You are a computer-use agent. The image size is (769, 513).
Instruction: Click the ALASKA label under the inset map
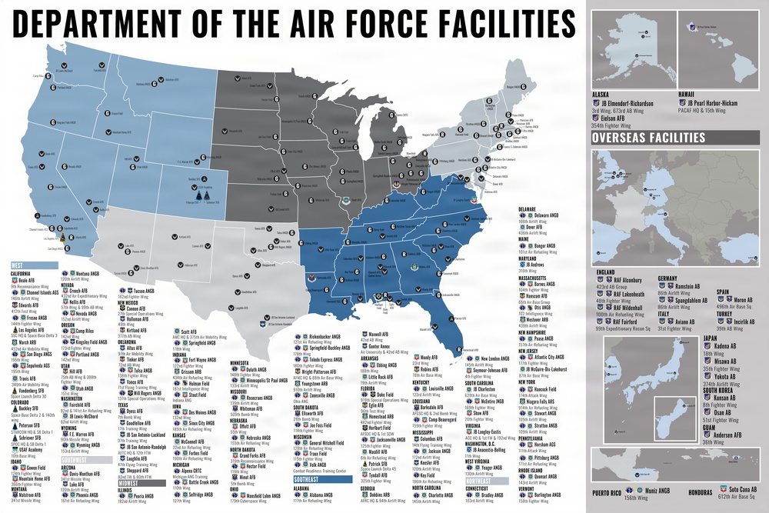tap(601, 95)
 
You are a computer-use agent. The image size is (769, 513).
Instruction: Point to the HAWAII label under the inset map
tap(688, 95)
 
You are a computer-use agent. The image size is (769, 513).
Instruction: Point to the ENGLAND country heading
tap(604, 271)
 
